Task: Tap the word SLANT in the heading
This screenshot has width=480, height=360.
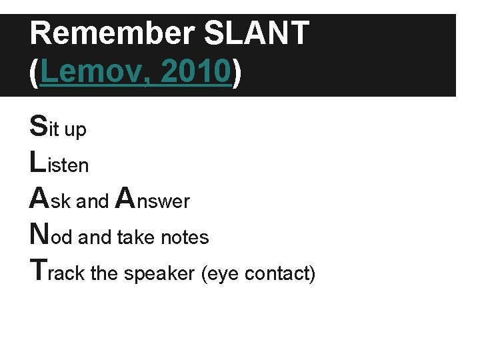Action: point(256,33)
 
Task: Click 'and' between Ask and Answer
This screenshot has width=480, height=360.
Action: point(93,201)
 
